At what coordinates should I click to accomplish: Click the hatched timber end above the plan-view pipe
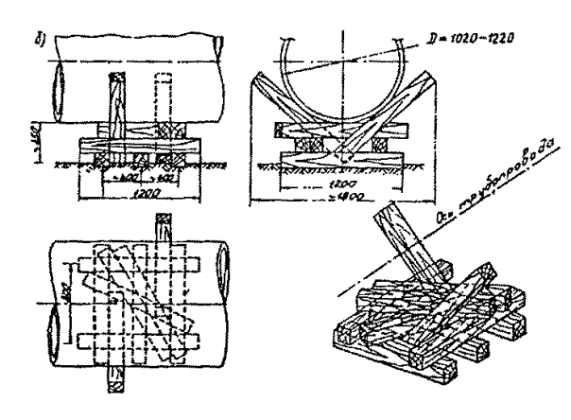click(x=158, y=228)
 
